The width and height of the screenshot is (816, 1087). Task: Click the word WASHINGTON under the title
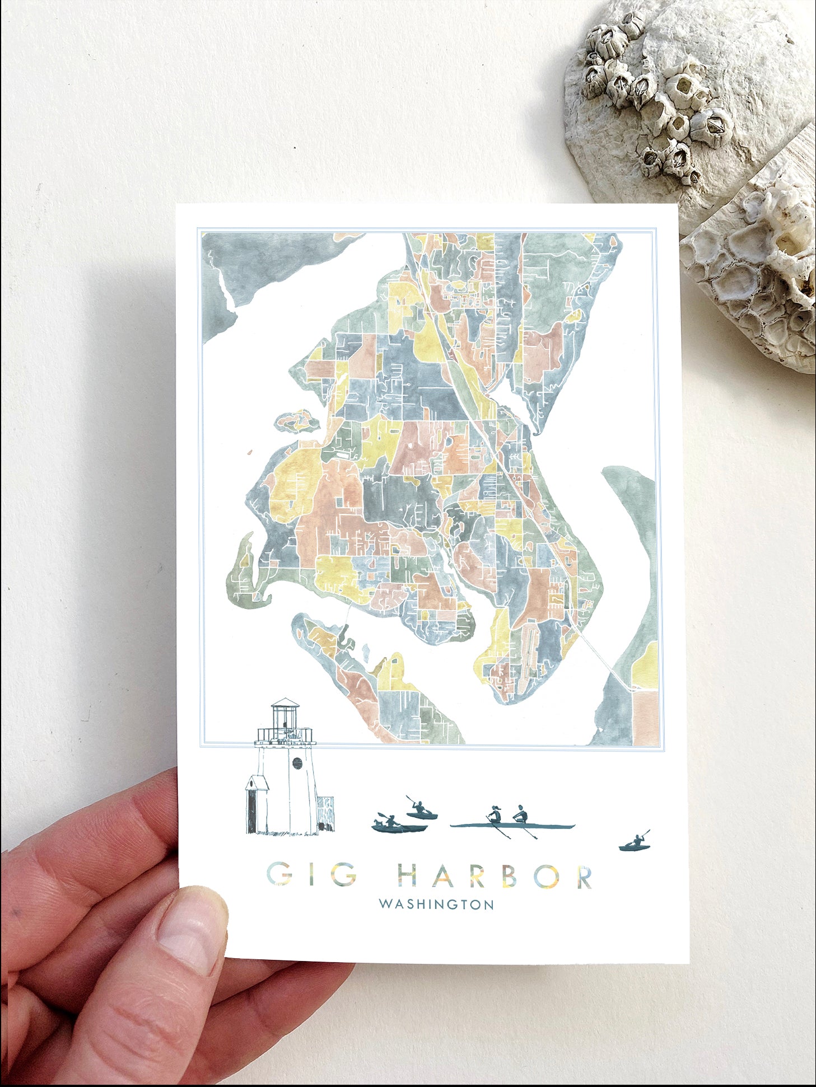click(x=436, y=905)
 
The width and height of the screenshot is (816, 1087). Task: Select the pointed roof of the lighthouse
click(x=286, y=702)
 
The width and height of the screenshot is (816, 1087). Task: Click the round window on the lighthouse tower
click(x=297, y=762)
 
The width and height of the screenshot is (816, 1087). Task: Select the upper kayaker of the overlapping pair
click(x=421, y=809)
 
